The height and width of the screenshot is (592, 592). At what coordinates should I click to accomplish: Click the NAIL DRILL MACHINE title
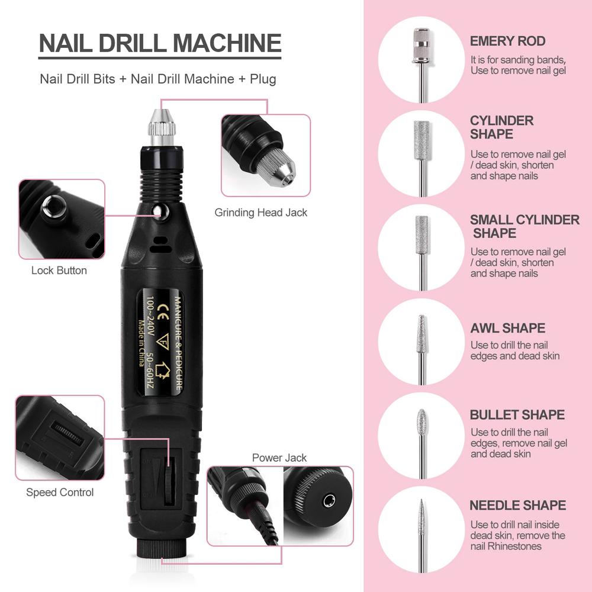pyautogui.click(x=160, y=44)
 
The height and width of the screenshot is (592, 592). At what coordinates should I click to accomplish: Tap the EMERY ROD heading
pyautogui.click(x=507, y=41)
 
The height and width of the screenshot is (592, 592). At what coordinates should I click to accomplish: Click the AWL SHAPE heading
pyautogui.click(x=507, y=328)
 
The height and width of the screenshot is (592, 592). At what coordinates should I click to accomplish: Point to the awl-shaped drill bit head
pyautogui.click(x=421, y=334)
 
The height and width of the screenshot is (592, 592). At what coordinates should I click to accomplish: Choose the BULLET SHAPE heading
pyautogui.click(x=517, y=415)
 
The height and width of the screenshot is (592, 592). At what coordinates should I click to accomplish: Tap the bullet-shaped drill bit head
pyautogui.click(x=421, y=422)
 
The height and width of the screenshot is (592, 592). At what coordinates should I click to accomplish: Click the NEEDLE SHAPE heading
pyautogui.click(x=517, y=506)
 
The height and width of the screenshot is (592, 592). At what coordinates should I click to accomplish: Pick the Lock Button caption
pyautogui.click(x=59, y=271)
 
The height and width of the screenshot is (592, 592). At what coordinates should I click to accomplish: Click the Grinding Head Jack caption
pyautogui.click(x=260, y=213)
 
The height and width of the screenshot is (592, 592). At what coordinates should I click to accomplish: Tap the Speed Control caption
pyautogui.click(x=60, y=493)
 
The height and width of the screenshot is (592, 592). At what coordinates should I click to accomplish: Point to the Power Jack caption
pyautogui.click(x=279, y=458)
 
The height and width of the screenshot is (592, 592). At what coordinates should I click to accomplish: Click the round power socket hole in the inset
pyautogui.click(x=326, y=501)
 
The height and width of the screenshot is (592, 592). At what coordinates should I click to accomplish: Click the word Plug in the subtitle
pyautogui.click(x=260, y=79)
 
